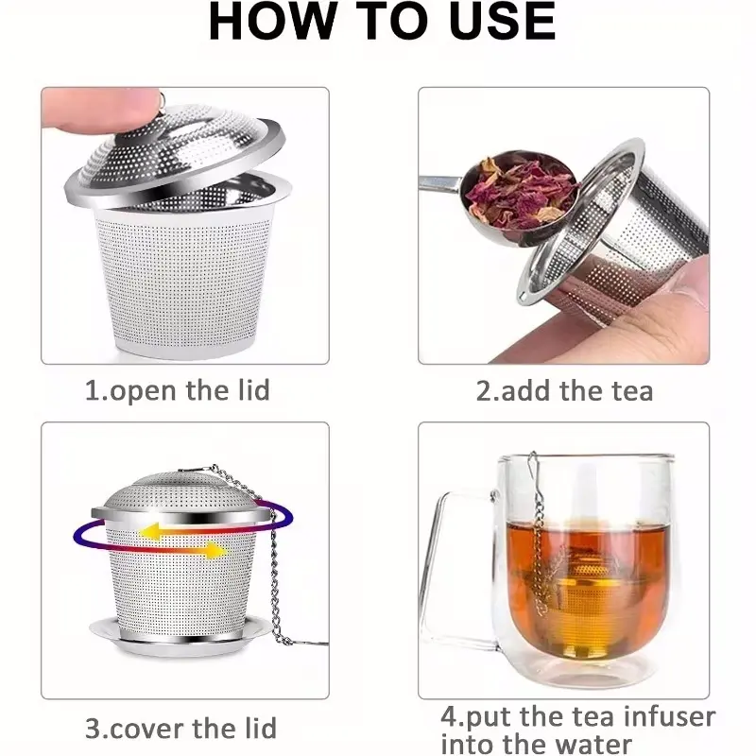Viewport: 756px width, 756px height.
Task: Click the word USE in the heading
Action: [502, 21]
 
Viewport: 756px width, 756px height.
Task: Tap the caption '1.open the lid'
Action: [178, 390]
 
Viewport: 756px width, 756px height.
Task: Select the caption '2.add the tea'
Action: [564, 390]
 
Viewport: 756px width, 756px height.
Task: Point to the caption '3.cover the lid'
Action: [180, 728]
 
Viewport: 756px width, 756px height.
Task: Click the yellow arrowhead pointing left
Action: [149, 531]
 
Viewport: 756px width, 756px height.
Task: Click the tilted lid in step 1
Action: [175, 153]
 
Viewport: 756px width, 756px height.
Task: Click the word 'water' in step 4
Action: [588, 745]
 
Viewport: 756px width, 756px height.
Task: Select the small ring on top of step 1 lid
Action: [162, 100]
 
